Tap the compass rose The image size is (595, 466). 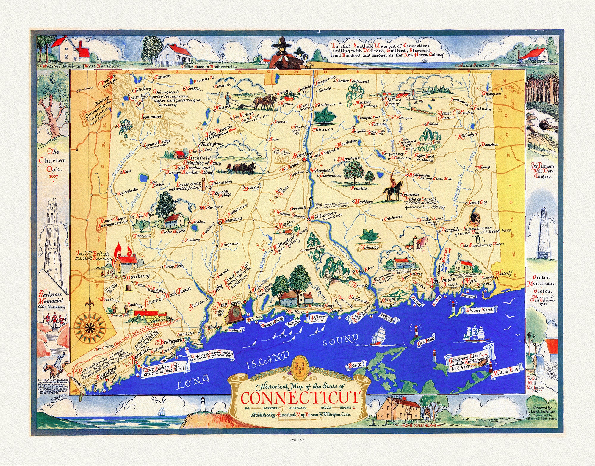pyautogui.click(x=88, y=326)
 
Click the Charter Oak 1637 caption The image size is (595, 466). pyautogui.click(x=52, y=164)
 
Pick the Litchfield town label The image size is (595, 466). pyautogui.click(x=199, y=158)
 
